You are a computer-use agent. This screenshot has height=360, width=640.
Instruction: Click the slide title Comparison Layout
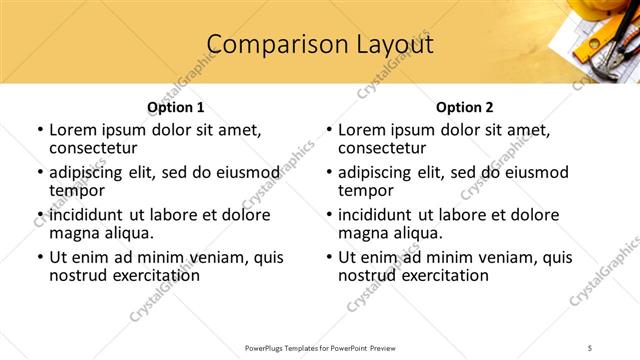(x=319, y=45)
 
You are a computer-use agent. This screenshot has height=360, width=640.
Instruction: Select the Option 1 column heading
(x=175, y=107)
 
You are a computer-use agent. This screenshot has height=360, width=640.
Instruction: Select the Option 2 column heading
(x=464, y=107)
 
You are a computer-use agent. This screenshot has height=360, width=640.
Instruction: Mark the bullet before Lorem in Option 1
(x=39, y=130)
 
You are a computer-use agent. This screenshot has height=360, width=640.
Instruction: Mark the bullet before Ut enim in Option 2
(x=328, y=257)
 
